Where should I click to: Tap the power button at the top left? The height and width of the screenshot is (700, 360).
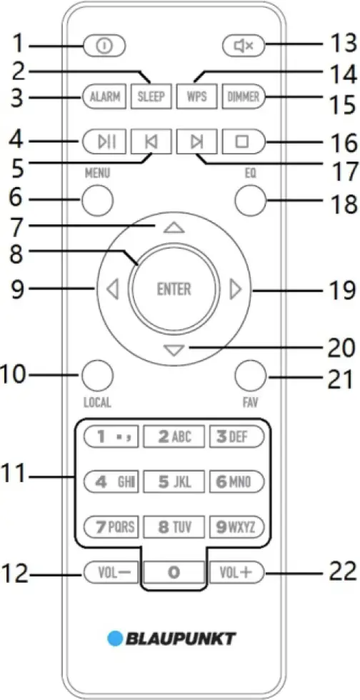point(104,46)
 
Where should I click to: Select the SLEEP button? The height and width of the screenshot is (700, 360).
point(151,96)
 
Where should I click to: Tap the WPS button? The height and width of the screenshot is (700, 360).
point(195,96)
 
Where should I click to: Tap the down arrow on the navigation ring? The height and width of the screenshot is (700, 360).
point(174,349)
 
